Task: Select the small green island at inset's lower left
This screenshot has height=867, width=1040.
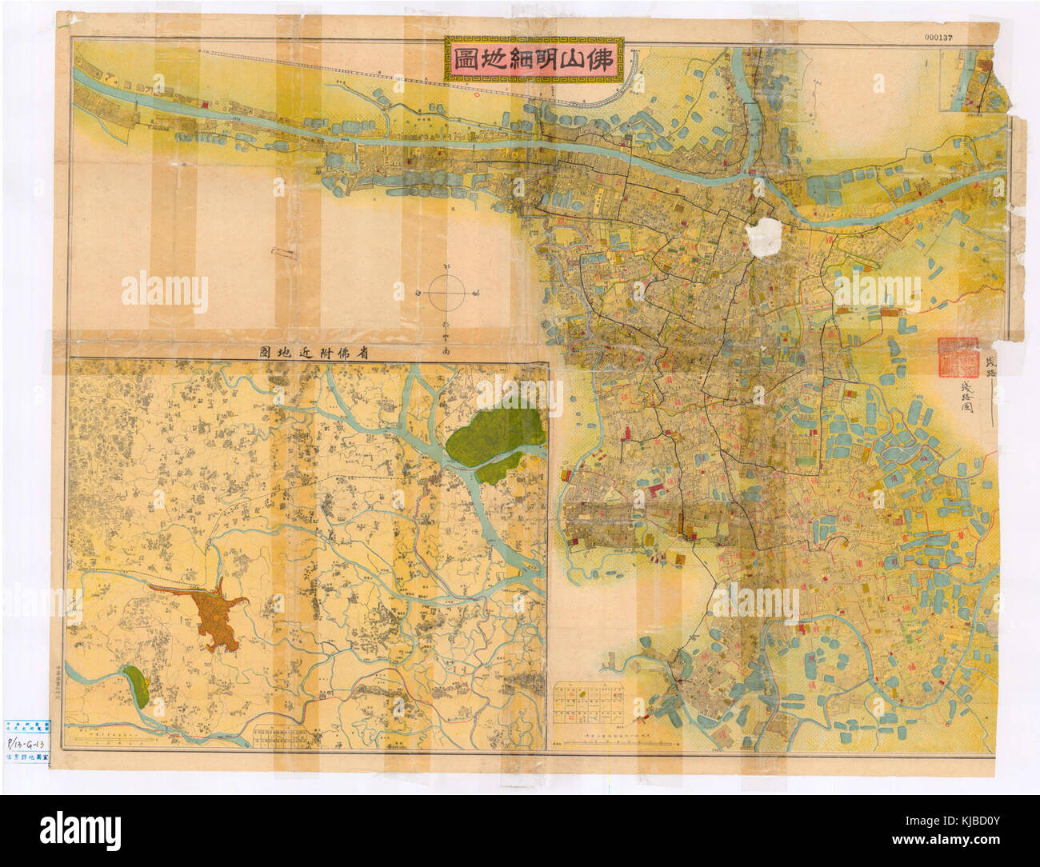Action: click(135, 684)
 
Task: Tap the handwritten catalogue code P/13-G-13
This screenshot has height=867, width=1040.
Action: click(26, 741)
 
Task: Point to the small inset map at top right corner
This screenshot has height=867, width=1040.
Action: click(972, 80)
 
